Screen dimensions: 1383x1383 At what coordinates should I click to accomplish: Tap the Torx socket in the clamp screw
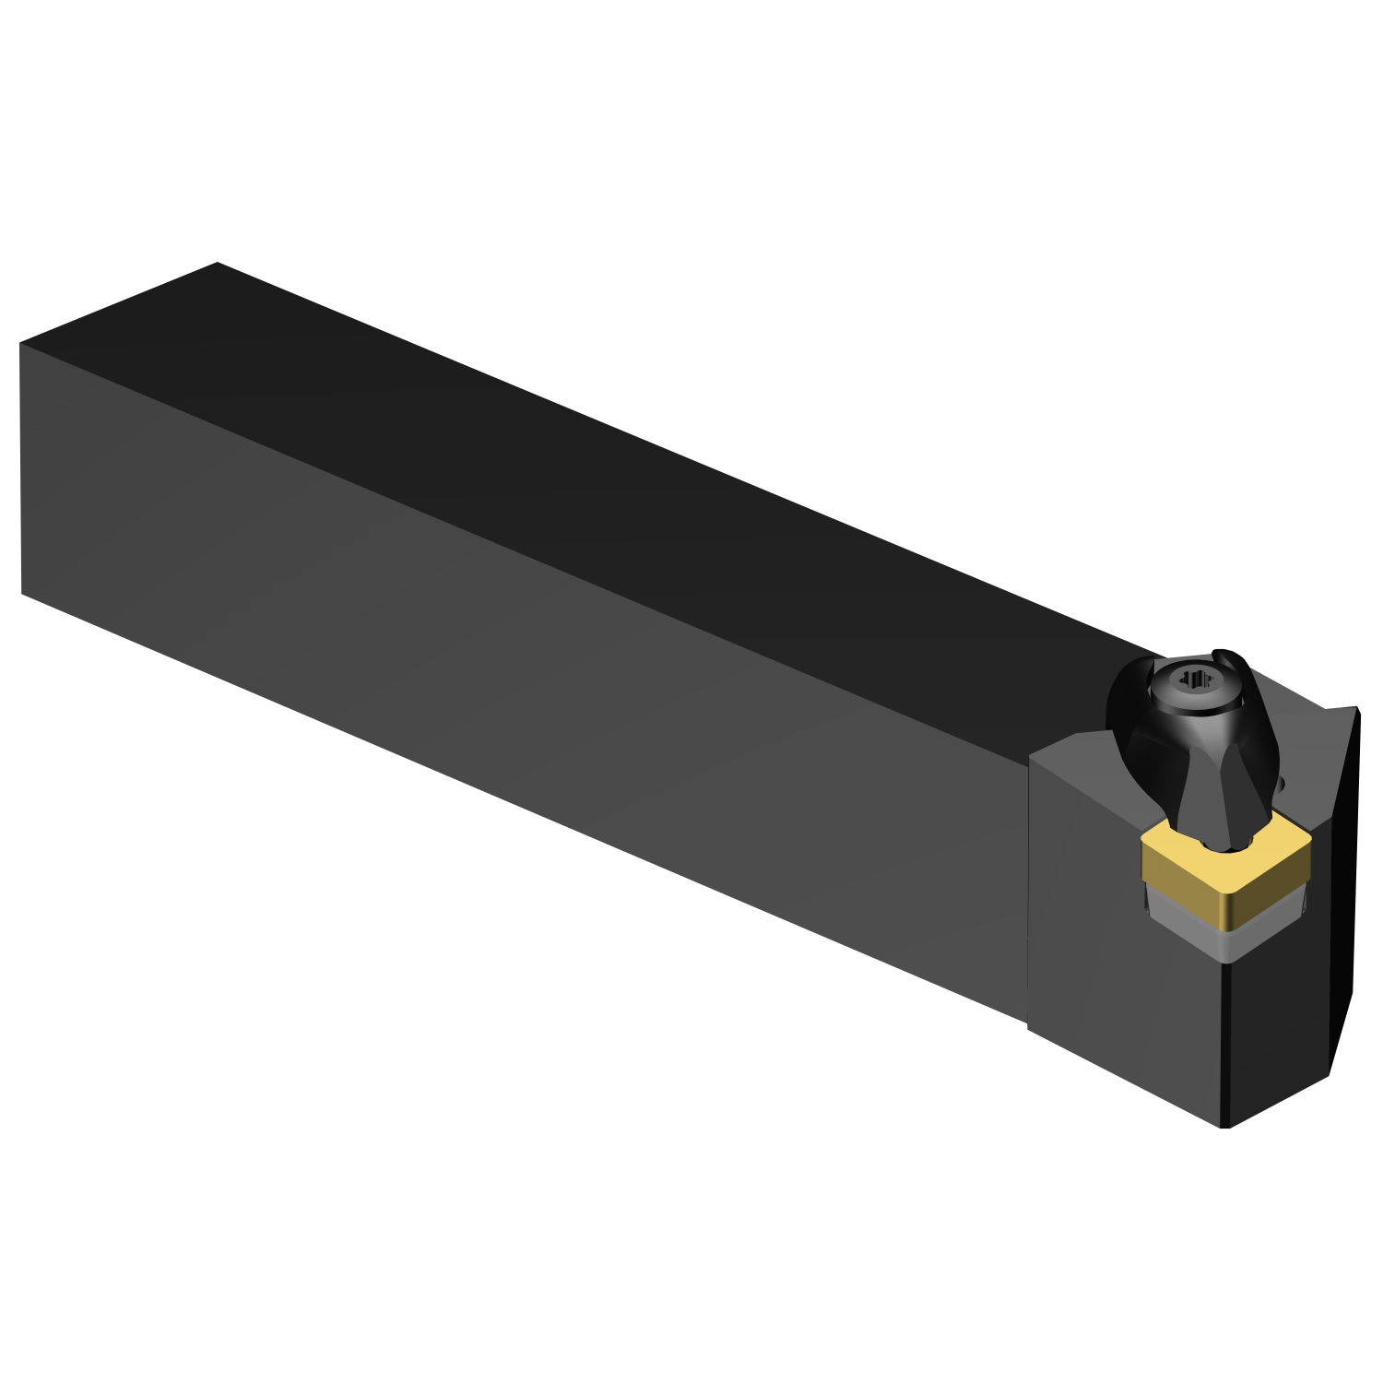1196,680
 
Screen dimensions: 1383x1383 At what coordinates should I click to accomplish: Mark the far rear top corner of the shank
218,263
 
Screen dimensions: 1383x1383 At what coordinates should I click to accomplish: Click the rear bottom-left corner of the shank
21,593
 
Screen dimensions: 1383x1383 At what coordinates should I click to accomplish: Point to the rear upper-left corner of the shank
20,344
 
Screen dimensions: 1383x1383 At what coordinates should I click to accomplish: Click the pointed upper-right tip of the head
1356,708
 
